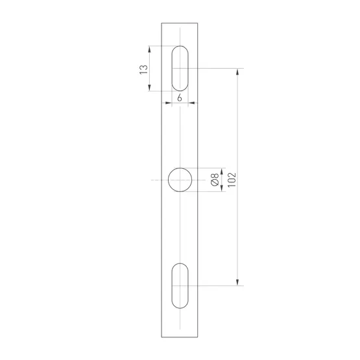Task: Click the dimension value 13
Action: click(144, 69)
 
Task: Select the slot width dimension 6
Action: click(179, 98)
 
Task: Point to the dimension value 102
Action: click(232, 180)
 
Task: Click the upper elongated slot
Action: click(180, 68)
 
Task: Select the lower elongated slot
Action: click(180, 285)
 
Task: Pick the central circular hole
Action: click(180, 180)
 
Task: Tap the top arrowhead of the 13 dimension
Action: click(150, 49)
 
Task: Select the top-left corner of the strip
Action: click(161, 23)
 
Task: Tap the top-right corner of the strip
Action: click(199, 23)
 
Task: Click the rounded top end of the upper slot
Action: click(180, 47)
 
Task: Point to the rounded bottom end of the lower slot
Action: click(180, 307)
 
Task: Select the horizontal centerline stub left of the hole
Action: click(156, 180)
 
